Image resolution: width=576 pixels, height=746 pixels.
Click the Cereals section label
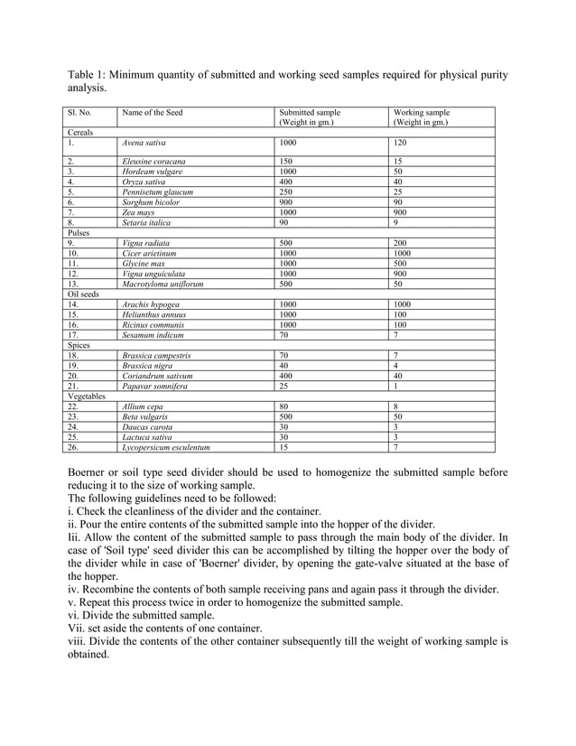[x=81, y=132]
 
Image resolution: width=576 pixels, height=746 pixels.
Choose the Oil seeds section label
[x=84, y=294]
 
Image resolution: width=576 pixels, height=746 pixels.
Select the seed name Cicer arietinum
[x=151, y=253]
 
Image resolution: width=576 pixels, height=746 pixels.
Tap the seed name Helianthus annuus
[x=153, y=314]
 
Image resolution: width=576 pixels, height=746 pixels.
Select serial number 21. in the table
[x=73, y=386]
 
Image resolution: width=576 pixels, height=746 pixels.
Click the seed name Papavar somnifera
[x=157, y=386]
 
